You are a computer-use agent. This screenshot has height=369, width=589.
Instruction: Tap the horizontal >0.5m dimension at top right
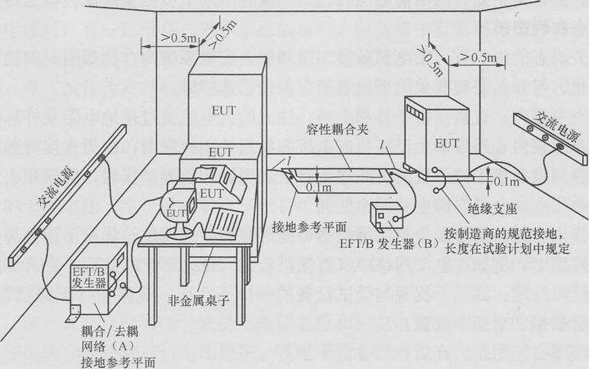pos(477,57)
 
